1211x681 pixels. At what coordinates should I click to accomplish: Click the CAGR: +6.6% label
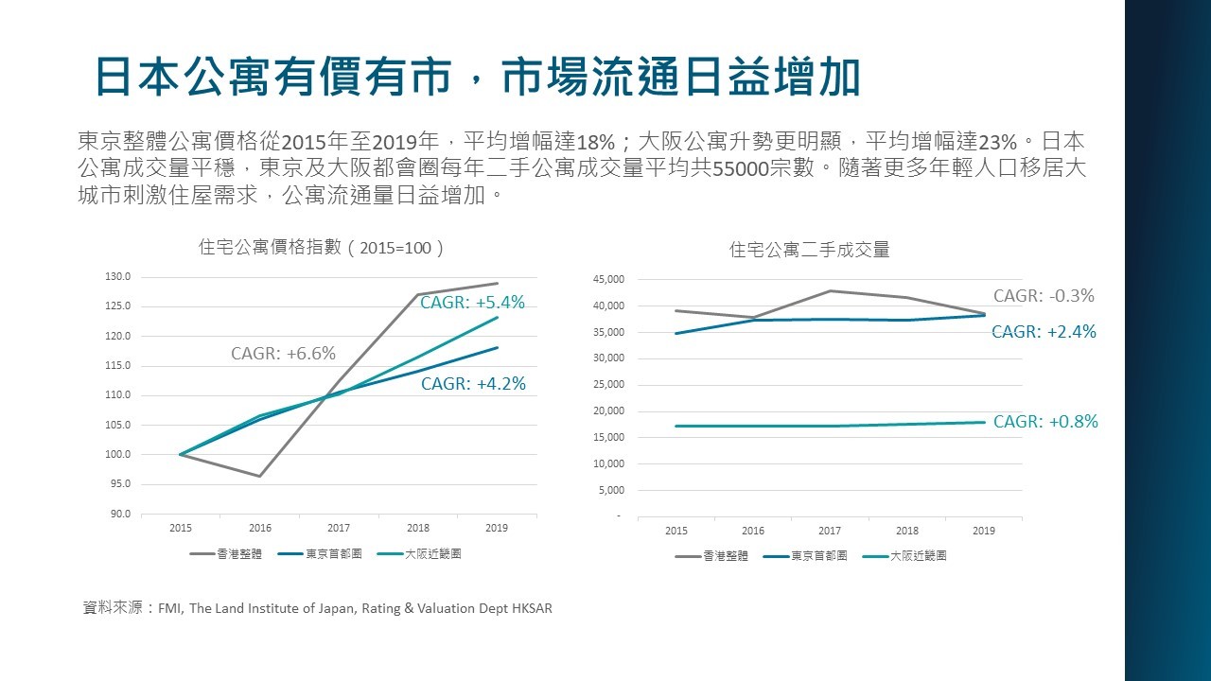(x=283, y=354)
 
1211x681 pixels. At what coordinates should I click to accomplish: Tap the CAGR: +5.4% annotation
(x=472, y=303)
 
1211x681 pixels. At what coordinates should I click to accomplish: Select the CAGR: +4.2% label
(x=472, y=384)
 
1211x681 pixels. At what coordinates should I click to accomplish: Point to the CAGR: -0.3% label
(x=1044, y=296)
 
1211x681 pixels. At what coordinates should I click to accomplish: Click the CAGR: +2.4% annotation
(x=1044, y=332)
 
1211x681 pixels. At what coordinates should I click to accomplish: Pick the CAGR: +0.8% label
(x=1045, y=422)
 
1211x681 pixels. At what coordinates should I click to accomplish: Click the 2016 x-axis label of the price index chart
(x=259, y=528)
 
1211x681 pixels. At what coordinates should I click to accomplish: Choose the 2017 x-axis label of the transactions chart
(x=830, y=531)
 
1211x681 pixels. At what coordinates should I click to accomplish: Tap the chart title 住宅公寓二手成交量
(x=810, y=251)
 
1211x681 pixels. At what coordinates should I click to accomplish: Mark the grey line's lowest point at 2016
(x=259, y=476)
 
